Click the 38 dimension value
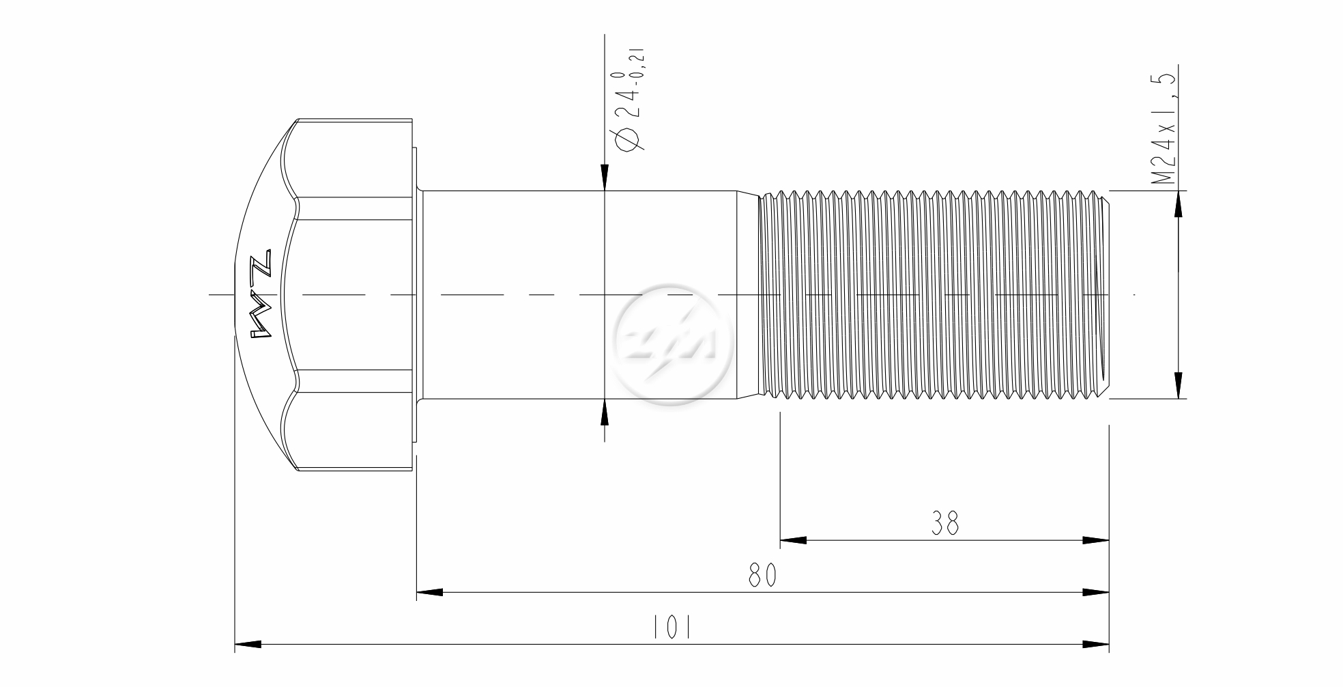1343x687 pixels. point(945,523)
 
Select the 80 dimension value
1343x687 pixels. point(762,575)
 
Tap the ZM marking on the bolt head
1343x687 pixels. point(261,294)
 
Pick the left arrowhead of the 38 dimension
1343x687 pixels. point(793,540)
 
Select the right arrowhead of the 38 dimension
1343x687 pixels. point(1096,540)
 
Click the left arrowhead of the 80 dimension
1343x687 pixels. point(430,592)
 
